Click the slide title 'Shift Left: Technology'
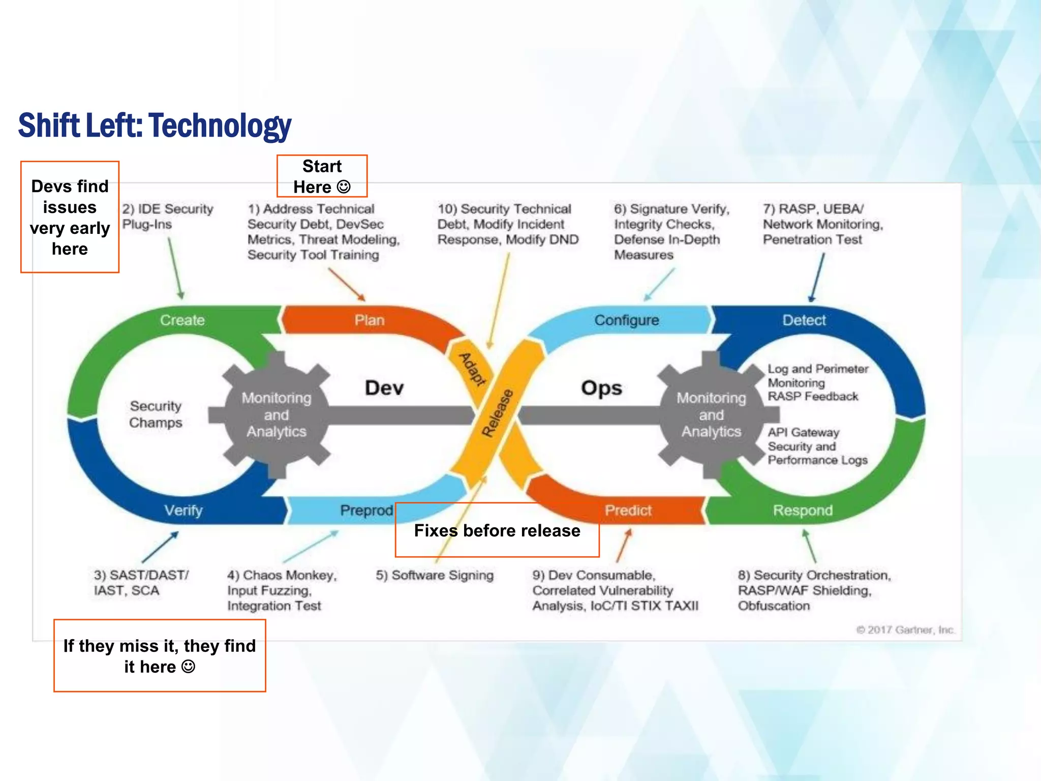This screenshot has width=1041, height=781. (155, 126)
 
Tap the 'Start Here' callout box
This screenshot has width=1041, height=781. (322, 176)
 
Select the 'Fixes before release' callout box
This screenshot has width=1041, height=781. (497, 530)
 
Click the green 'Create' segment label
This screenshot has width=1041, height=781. (182, 320)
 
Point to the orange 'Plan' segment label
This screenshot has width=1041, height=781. (370, 320)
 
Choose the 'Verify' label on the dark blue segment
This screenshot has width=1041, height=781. (183, 510)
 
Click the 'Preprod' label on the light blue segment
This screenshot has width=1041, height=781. (366, 510)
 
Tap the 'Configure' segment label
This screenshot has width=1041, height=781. (626, 320)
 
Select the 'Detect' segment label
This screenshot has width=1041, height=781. (804, 320)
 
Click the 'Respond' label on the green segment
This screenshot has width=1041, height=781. (803, 510)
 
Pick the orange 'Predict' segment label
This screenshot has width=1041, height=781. (628, 510)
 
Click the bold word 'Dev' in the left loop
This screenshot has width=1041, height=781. (384, 388)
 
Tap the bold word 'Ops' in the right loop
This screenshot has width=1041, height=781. (601, 388)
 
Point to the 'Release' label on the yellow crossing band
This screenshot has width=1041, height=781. (497, 413)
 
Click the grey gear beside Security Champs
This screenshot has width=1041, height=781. (276, 414)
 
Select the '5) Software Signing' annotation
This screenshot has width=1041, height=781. (435, 575)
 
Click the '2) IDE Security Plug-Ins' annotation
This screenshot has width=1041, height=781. (167, 216)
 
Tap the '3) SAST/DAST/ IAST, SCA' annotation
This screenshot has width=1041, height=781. (141, 583)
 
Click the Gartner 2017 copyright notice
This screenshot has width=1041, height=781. (905, 630)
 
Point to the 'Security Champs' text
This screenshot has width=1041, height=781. (156, 414)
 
